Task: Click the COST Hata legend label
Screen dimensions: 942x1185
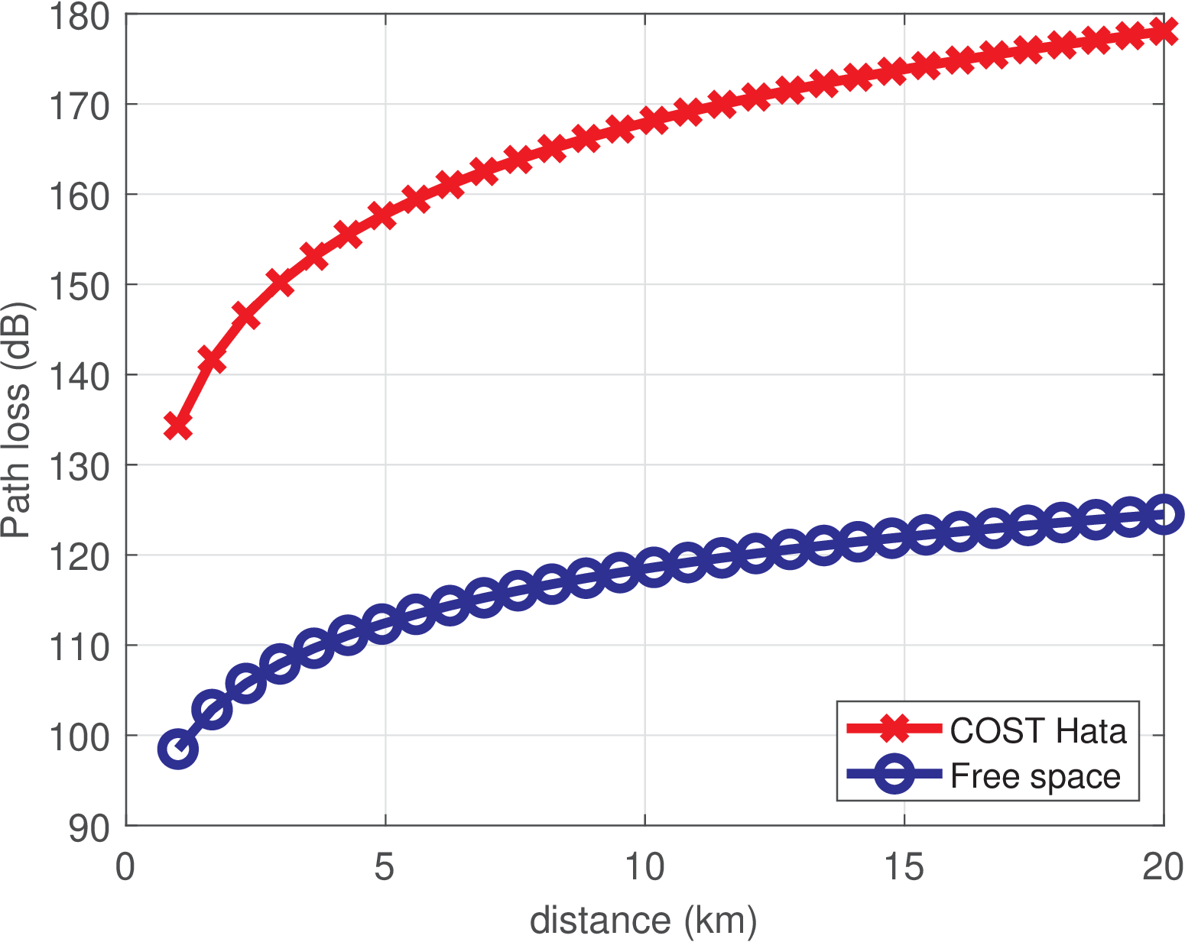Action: click(1037, 731)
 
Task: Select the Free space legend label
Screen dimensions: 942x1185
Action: click(1035, 776)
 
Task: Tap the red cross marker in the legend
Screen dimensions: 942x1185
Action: click(894, 729)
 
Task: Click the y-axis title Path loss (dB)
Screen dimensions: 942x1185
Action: click(17, 420)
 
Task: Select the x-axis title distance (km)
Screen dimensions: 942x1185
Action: click(643, 921)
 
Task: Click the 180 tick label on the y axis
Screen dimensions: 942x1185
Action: click(79, 18)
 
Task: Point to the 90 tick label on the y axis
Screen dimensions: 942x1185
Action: click(89, 828)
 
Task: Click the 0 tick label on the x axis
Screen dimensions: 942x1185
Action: click(125, 868)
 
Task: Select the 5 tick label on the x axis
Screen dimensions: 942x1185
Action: click(385, 868)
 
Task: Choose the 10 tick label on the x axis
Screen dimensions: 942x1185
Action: click(644, 868)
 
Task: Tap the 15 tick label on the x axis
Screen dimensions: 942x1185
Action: click(904, 868)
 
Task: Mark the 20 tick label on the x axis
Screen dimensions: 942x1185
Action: click(1162, 868)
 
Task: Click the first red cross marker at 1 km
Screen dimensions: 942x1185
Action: click(178, 426)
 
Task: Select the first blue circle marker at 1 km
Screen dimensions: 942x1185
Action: click(178, 749)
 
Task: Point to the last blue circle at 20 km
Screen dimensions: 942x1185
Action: click(1164, 514)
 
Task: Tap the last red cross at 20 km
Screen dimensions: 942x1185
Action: click(1164, 31)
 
